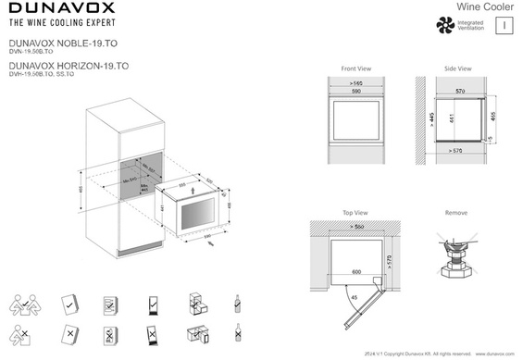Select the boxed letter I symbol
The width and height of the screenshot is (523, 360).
(501, 26)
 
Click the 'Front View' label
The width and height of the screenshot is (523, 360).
(355, 69)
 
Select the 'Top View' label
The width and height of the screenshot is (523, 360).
(355, 212)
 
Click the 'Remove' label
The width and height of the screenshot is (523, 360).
(456, 212)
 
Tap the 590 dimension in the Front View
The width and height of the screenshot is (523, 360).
(355, 91)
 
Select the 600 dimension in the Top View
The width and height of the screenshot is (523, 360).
(356, 272)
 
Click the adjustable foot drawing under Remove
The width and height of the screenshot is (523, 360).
(456, 259)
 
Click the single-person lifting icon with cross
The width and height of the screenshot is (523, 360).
(25, 333)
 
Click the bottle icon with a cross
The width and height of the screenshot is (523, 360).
(239, 333)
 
